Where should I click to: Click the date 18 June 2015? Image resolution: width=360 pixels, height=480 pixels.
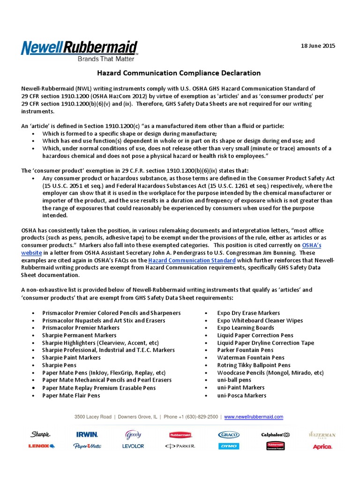(x=318, y=46)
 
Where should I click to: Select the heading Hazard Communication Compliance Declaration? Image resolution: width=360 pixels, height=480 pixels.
(x=179, y=73)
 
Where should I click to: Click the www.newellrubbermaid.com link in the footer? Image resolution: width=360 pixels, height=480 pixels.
(x=254, y=417)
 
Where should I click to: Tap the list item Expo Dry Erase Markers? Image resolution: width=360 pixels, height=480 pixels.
(x=248, y=313)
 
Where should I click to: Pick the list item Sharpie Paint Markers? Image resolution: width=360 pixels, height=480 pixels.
(x=71, y=358)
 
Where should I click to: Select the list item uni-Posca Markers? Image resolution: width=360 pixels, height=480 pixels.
(x=241, y=395)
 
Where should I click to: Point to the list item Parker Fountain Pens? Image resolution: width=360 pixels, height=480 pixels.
(x=245, y=350)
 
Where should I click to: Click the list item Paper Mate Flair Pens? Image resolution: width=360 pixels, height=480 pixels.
(x=71, y=395)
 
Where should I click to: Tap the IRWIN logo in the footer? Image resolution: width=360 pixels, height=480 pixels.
(x=87, y=435)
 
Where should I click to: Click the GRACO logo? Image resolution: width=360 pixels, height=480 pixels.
(x=229, y=435)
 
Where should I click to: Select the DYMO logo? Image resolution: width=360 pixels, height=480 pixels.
(x=229, y=446)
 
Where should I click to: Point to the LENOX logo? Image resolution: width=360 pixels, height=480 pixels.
(x=41, y=446)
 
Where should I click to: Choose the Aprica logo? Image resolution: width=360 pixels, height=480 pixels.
(x=322, y=447)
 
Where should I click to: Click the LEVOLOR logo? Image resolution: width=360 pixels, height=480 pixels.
(x=133, y=446)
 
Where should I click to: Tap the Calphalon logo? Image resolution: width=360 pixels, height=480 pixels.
(x=275, y=435)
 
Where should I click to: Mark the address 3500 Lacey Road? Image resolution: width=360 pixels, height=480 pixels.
(x=93, y=417)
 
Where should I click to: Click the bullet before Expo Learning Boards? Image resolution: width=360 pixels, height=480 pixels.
(x=207, y=328)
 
